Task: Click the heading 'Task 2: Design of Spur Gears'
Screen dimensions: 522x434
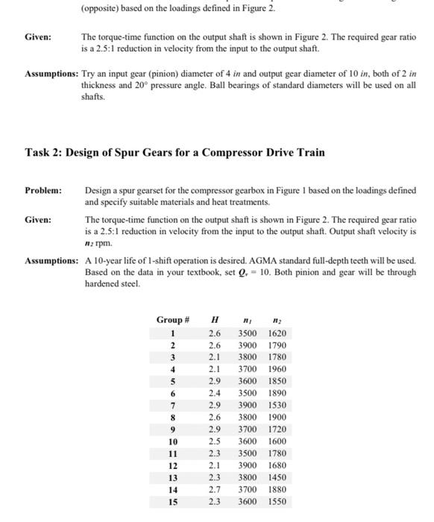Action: (175, 153)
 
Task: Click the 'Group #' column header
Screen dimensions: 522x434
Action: (173, 319)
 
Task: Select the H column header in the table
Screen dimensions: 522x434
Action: (215, 319)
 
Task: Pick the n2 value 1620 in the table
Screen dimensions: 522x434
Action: (276, 333)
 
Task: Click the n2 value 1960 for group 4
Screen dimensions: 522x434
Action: (276, 369)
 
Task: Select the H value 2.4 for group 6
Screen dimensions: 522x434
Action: (215, 393)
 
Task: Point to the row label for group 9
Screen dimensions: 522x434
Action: (173, 430)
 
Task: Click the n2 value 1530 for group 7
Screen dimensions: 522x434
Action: (276, 406)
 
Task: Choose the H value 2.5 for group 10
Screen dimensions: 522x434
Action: (215, 441)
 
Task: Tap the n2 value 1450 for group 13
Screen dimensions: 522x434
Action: (276, 477)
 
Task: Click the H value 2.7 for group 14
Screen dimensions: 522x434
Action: (215, 489)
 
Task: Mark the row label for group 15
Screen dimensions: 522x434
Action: (173, 501)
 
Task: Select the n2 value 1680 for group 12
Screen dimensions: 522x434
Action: (276, 465)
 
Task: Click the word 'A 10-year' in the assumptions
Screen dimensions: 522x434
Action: (102, 262)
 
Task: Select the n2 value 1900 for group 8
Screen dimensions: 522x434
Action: (276, 418)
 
